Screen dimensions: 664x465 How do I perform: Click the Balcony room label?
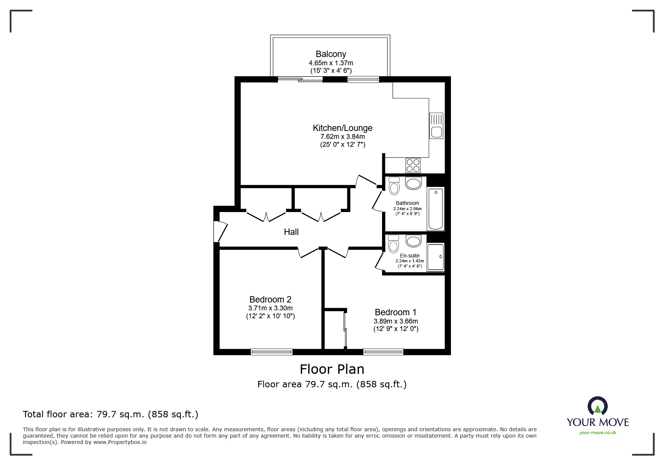331,54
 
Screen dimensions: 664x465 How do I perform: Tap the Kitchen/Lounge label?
343,128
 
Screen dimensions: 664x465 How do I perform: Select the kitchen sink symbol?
436,126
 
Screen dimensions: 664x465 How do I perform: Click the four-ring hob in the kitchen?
413,166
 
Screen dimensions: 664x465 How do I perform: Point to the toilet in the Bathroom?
394,186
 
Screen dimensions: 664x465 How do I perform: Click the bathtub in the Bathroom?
436,209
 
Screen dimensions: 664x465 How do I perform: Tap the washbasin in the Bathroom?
413,184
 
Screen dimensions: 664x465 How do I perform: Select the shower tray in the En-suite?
436,257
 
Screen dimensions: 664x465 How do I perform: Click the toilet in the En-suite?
393,244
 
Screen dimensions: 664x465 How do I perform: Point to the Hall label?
291,232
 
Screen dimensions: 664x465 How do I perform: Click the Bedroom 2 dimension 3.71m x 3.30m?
270,308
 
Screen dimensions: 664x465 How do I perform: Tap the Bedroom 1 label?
396,312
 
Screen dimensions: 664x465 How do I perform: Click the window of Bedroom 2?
271,352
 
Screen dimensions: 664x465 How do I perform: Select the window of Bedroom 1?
383,352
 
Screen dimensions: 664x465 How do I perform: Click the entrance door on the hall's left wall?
221,232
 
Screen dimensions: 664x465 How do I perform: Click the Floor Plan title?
332,369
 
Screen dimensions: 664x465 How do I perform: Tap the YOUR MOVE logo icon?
598,407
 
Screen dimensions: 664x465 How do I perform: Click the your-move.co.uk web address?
598,433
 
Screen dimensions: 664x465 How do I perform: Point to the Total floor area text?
111,414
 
